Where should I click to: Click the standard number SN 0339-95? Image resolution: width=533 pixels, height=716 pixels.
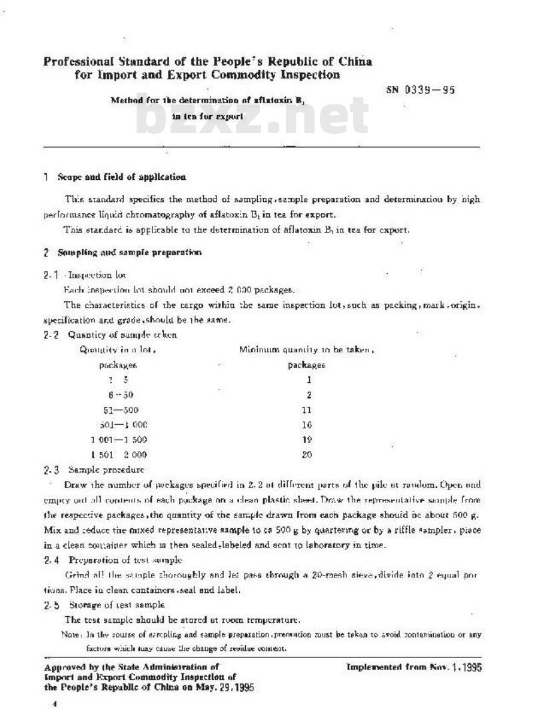[420, 90]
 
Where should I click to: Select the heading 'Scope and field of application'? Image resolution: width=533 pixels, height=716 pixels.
[122, 177]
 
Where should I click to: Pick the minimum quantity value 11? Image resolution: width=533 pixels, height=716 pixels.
[306, 410]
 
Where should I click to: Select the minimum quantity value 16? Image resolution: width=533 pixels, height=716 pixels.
[306, 425]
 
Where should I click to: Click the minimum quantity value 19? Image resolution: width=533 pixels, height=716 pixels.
[306, 440]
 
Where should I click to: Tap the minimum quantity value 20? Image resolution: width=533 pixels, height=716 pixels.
[306, 455]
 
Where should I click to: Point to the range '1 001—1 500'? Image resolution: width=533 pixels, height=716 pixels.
[119, 440]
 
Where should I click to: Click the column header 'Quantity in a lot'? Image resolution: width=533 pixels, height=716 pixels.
[118, 350]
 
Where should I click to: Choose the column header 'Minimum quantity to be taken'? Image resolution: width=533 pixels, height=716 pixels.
[306, 350]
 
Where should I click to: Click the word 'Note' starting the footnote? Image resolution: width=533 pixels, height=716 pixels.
[71, 635]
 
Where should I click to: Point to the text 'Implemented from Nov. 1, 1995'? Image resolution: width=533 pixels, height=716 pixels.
[414, 667]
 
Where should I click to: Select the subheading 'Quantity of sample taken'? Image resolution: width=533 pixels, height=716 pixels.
[122, 335]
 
